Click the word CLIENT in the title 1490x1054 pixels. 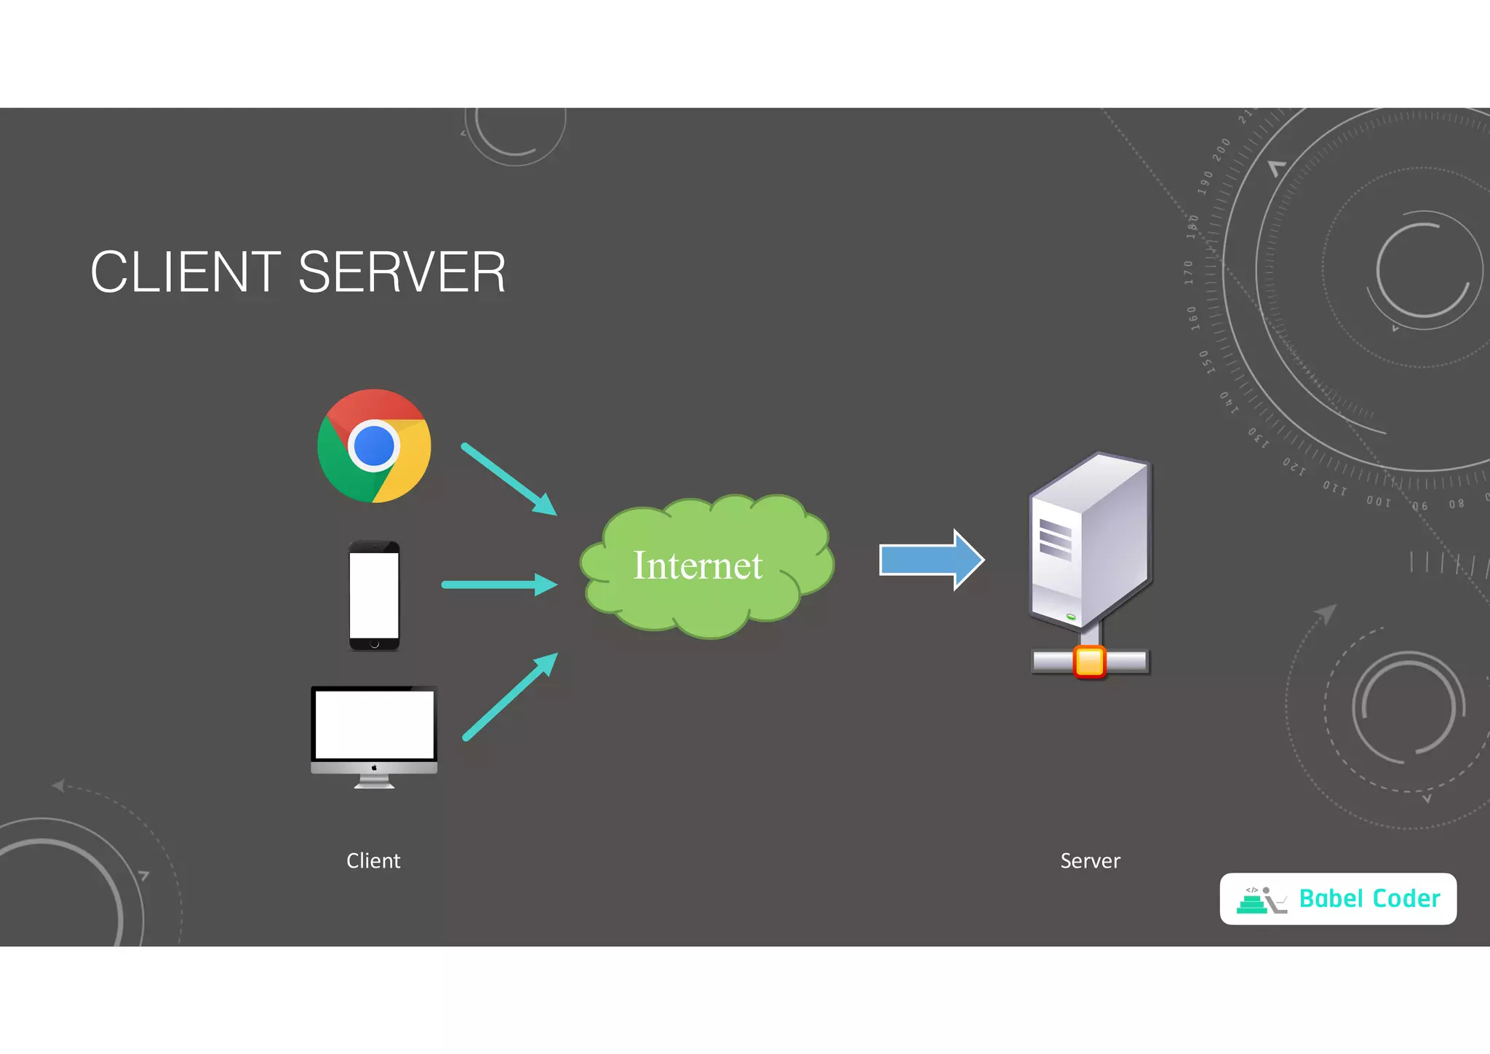(185, 272)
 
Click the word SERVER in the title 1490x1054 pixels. (402, 272)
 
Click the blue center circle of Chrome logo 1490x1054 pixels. (374, 445)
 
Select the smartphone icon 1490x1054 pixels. (374, 595)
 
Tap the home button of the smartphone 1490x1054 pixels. (374, 643)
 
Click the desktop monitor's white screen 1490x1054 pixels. (374, 724)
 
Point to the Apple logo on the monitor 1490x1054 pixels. (374, 767)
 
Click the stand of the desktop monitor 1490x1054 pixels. (374, 782)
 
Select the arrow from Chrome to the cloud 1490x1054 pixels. (509, 478)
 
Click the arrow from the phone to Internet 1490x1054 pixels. (499, 585)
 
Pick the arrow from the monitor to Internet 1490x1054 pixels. (509, 697)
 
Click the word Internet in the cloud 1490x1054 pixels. (697, 566)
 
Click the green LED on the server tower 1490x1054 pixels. (1071, 617)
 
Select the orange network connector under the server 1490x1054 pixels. (1089, 662)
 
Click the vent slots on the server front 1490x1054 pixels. (1055, 539)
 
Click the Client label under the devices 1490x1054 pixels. (373, 860)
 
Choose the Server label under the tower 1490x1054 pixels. (1090, 860)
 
